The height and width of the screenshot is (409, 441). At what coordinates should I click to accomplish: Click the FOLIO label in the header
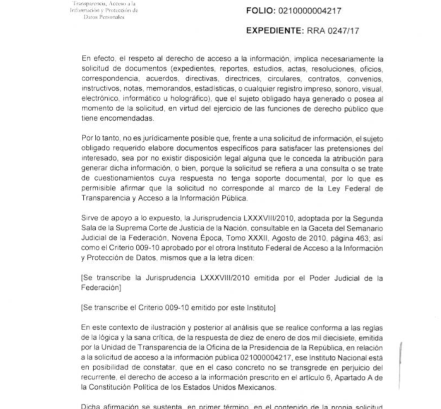pos(260,11)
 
